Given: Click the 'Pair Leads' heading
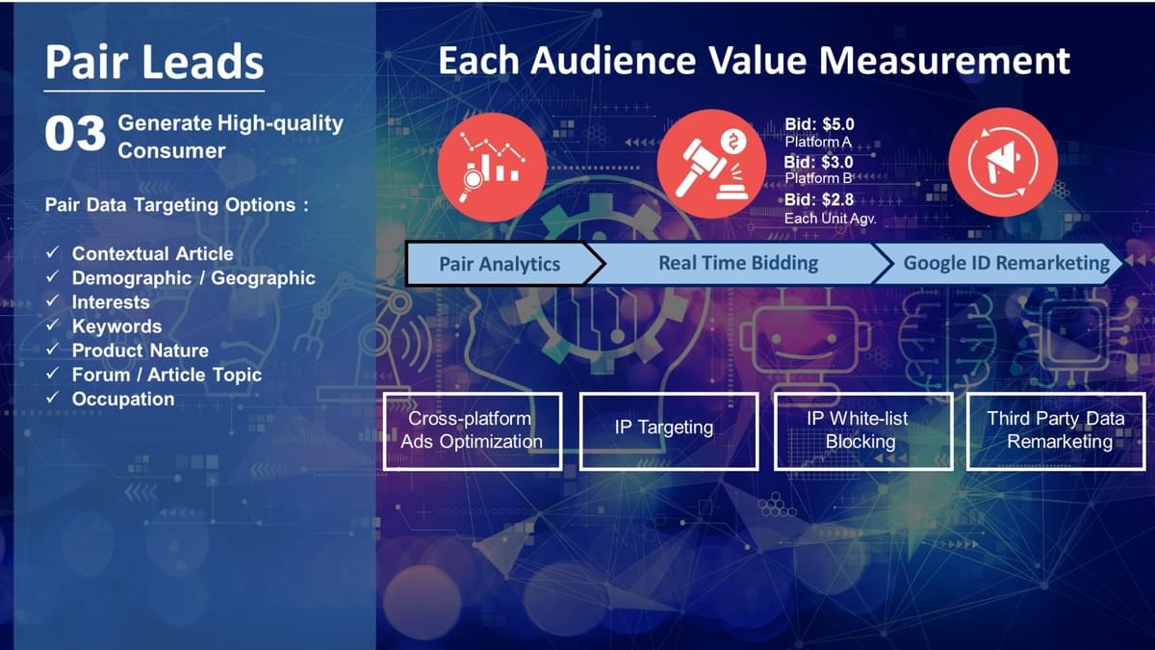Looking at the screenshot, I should pos(154,62).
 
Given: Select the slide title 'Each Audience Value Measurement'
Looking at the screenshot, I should pos(754,61).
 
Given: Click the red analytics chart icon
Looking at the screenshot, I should pos(492,166).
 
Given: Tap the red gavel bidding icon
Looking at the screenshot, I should pos(711,164).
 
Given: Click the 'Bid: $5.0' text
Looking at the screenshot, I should pos(819,124).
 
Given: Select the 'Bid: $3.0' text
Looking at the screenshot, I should pos(819,162).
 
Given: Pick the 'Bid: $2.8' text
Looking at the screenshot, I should pos(819,200).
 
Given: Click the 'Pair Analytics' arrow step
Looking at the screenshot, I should pos(500,264).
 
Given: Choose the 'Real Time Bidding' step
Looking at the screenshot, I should pos(738,263).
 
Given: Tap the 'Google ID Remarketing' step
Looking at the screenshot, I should pos(1006,263).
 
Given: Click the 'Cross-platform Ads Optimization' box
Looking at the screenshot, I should pos(472,430).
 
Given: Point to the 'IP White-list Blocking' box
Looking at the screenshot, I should pos(862,430).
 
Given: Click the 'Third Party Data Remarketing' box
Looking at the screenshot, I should pos(1056,430).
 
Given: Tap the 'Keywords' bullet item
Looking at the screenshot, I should pos(116,326).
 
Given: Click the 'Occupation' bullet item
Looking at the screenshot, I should pos(123,399).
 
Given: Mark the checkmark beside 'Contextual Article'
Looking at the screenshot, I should pos(53,253).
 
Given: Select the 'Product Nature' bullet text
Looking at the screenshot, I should pos(140,351).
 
